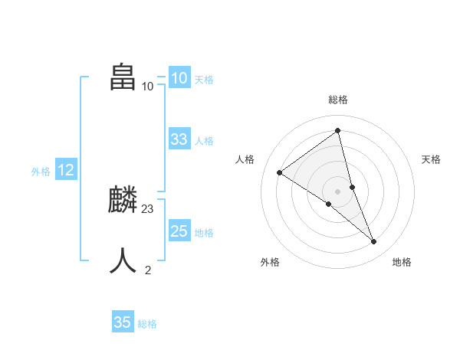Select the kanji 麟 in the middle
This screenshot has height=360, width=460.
pyautogui.click(x=123, y=201)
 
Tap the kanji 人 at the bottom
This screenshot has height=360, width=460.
pyautogui.click(x=123, y=260)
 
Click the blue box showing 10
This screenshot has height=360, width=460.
pyautogui.click(x=179, y=78)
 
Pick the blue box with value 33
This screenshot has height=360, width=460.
pyautogui.click(x=179, y=139)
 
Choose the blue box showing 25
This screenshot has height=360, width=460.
pyautogui.click(x=179, y=231)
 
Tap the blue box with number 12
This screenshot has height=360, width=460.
pyautogui.click(x=66, y=170)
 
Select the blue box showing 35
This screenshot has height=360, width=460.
pyautogui.click(x=123, y=322)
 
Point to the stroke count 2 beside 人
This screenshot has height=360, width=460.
pyautogui.click(x=148, y=270)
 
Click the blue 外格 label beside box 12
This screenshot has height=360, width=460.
pyautogui.click(x=41, y=172)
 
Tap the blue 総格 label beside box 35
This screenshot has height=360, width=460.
pyautogui.click(x=147, y=324)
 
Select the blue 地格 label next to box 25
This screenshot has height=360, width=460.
pyautogui.click(x=204, y=233)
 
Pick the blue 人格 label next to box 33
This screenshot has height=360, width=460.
pyautogui.click(x=204, y=141)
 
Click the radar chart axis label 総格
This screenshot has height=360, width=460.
pyautogui.click(x=338, y=100)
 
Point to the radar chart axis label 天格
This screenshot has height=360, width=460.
pyautogui.click(x=432, y=159)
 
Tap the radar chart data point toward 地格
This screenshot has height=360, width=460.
pyautogui.click(x=374, y=242)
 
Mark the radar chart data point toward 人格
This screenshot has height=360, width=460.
pyautogui.click(x=280, y=172)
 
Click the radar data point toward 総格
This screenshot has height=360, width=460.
pyautogui.click(x=338, y=131)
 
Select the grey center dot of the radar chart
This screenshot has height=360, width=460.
pyautogui.click(x=338, y=191)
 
